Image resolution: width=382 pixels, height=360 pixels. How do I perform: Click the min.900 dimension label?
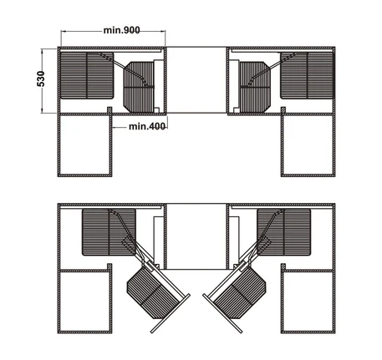[x=122, y=30]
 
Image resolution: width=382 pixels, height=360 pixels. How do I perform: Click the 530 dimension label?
[x=41, y=79]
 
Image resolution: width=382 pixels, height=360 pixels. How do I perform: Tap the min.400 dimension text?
[x=147, y=126]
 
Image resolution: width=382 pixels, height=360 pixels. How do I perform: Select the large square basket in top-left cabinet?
[x=87, y=75]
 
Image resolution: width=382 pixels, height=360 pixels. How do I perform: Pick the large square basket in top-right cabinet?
[x=307, y=75]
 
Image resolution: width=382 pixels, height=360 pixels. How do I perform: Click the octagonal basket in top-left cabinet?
[x=139, y=87]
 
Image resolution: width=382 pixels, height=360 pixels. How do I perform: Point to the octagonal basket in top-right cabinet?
[x=255, y=87]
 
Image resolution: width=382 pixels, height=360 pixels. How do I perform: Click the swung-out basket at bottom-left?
[x=153, y=292]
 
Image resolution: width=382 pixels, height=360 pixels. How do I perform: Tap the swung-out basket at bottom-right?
[x=240, y=292]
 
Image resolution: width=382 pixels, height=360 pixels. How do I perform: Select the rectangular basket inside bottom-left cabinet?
[x=109, y=232]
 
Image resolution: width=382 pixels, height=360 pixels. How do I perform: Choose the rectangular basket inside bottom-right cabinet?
[x=283, y=232]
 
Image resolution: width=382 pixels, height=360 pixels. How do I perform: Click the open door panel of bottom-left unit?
[x=171, y=313]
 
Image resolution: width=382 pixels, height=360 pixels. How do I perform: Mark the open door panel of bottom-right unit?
[x=222, y=313]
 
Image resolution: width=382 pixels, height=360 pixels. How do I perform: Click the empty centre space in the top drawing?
[x=196, y=80]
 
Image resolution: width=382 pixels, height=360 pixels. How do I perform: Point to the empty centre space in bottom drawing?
[x=196, y=236]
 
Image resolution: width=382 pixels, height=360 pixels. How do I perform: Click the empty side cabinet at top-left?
[x=85, y=145]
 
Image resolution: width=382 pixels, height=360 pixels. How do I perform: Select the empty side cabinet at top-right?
[x=308, y=145]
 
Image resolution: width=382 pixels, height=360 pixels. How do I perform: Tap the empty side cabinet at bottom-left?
[x=85, y=302]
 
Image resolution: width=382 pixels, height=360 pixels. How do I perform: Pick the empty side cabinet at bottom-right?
[x=308, y=302]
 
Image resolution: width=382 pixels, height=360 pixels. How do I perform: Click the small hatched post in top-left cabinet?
[x=110, y=110]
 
